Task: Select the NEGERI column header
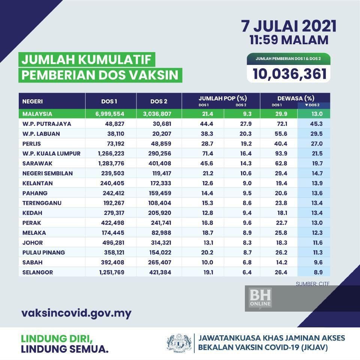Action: click(33, 101)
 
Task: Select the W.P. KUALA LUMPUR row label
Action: click(51, 154)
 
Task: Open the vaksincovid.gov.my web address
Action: click(76, 313)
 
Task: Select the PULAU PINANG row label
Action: click(43, 253)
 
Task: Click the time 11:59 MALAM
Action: click(289, 40)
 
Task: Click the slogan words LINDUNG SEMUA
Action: click(65, 349)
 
